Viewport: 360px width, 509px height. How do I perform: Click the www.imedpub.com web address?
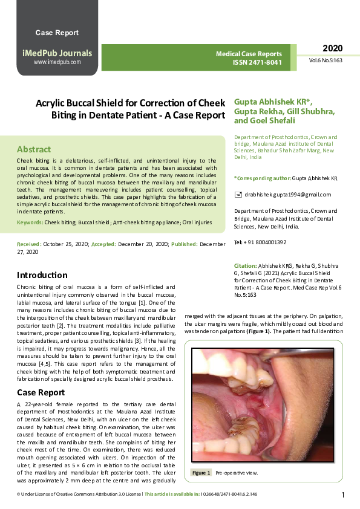tap(57, 62)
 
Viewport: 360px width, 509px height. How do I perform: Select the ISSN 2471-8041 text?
tap(257, 62)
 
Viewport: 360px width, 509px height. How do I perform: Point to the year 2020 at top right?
tap(332, 48)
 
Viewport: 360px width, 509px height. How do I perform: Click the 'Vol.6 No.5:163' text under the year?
tap(326, 61)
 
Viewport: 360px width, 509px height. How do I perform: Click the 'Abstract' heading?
tap(34, 149)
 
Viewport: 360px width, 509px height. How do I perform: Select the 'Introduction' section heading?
tap(42, 275)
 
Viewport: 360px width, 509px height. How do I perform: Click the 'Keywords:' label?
tap(30, 223)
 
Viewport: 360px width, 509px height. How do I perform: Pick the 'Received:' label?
tap(29, 244)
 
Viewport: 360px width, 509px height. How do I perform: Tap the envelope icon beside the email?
tap(238, 194)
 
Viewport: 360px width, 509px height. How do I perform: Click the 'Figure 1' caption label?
tap(201, 473)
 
